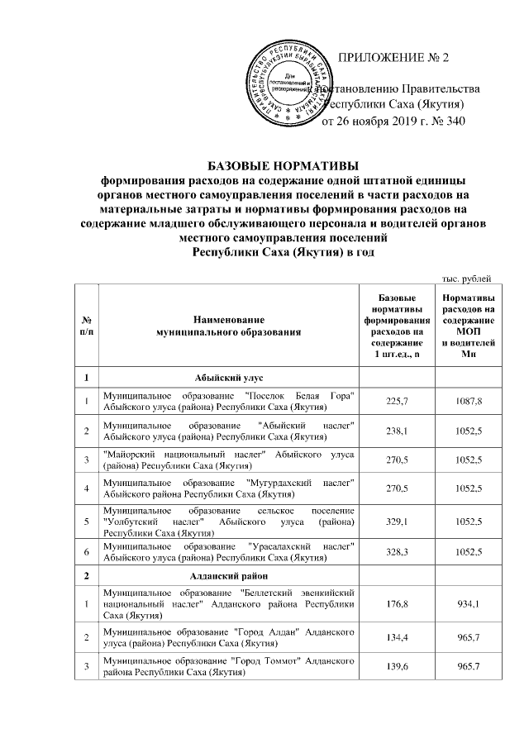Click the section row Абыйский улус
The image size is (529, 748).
click(229, 377)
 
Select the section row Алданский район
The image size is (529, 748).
click(229, 574)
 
